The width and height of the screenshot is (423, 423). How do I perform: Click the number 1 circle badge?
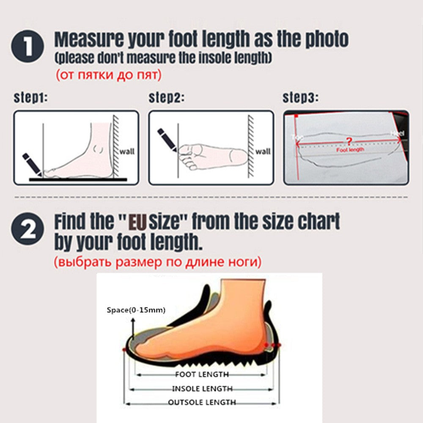27,47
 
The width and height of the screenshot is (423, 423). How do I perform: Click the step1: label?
30,98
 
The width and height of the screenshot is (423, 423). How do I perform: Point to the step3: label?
300,98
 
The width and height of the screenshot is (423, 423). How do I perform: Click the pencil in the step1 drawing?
31,165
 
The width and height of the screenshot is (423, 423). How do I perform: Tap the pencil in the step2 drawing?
167,140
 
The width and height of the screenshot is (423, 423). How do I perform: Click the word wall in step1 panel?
127,151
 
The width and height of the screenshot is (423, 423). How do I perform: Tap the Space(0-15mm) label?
135,310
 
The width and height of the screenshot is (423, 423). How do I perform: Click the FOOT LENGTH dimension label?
202,374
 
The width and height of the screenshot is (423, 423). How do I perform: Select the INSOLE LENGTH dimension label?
202,388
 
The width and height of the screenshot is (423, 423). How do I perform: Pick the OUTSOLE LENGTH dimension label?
202,402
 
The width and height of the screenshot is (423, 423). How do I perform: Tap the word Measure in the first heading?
87,39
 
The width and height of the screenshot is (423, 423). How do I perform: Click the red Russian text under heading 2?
157,262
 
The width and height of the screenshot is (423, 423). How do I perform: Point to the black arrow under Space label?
132,328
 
